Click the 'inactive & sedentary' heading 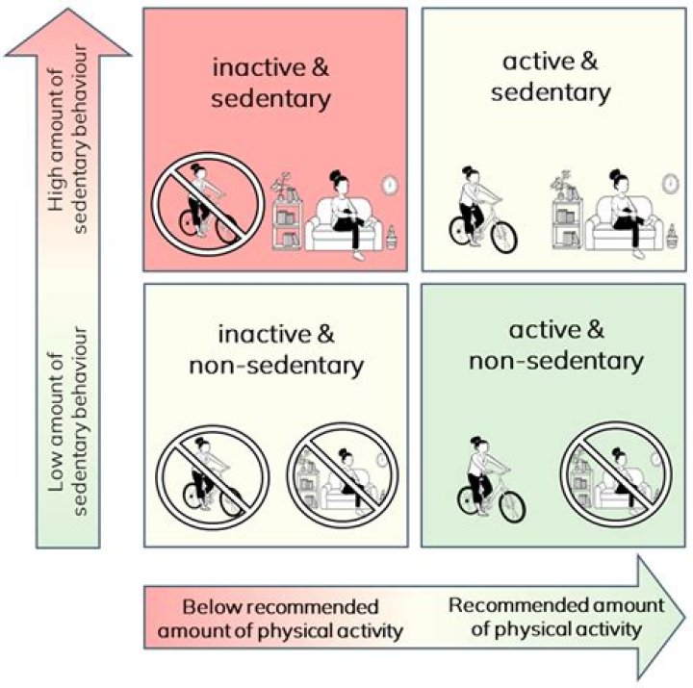tap(270, 82)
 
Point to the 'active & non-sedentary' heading tap(555, 346)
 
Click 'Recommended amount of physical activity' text tap(556, 618)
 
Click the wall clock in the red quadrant tap(390, 183)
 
